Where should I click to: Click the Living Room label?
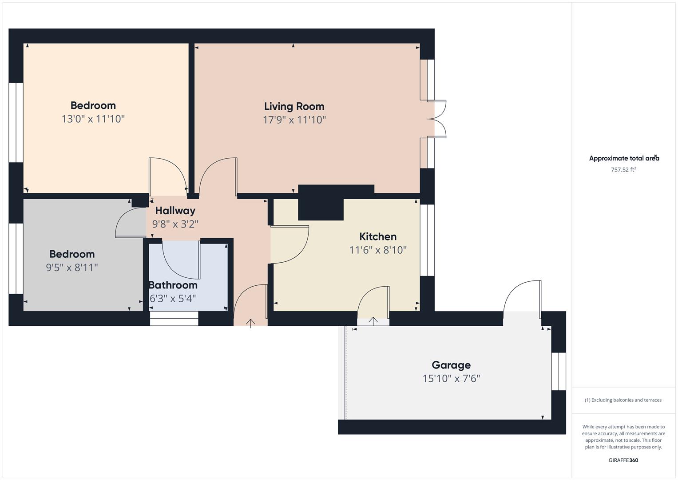tap(294, 106)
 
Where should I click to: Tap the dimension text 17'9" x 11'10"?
tap(294, 120)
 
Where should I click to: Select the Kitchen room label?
tap(377, 236)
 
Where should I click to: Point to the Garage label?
tap(451, 365)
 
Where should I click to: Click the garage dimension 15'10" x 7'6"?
tap(451, 379)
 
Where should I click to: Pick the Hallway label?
tap(175, 211)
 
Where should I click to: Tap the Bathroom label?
tap(173, 285)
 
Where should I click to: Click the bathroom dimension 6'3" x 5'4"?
tap(173, 298)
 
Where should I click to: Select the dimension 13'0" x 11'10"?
tap(93, 119)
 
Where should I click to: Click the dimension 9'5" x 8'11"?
tap(71, 268)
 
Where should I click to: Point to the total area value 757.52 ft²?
tap(623, 169)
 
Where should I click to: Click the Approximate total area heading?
tap(623, 158)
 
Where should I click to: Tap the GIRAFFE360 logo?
tap(623, 460)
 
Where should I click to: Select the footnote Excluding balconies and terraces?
tap(623, 400)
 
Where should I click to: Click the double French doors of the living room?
tap(439, 119)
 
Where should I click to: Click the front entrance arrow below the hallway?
tap(250, 323)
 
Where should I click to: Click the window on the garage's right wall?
tap(559, 371)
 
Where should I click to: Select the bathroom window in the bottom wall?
tap(174, 318)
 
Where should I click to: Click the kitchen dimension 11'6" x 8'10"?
tap(377, 250)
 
